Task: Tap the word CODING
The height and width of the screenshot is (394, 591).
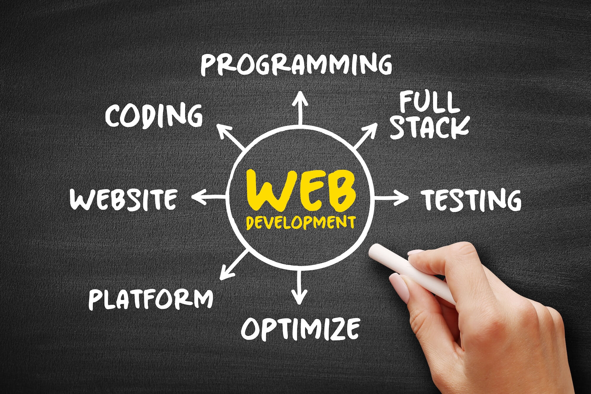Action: coord(154,116)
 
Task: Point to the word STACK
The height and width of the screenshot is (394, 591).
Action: coord(430,128)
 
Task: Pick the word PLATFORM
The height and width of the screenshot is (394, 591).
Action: coord(151,299)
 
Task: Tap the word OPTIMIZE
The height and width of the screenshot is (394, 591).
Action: coord(301,329)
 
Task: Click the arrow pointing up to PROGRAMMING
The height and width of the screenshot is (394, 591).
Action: coord(300,108)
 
